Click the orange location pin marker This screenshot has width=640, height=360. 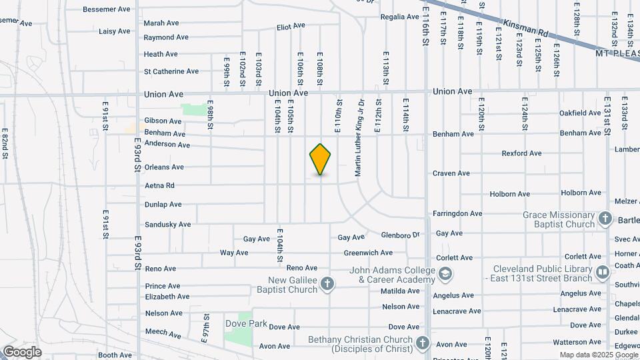pos(321,159)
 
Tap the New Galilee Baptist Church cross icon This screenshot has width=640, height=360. pos(327,285)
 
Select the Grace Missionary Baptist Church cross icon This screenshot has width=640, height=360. pos(605,219)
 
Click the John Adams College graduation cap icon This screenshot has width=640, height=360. pos(445,274)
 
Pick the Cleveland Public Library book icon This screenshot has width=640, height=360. pos(602,273)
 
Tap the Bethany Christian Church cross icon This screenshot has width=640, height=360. pos(422,344)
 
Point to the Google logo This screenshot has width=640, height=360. pos(22,351)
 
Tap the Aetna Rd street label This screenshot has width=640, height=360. pos(159,185)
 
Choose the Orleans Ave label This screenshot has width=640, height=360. pos(164,167)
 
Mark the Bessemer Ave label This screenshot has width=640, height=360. pos(107,9)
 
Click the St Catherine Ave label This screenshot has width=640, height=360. pos(171,71)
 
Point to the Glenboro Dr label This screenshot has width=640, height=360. pos(400,235)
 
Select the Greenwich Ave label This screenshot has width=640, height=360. pos(368,253)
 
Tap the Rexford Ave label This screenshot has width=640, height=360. pos(521,153)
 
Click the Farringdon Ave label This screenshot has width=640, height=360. pos(457,213)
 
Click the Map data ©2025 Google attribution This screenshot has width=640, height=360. pos(598,355)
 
